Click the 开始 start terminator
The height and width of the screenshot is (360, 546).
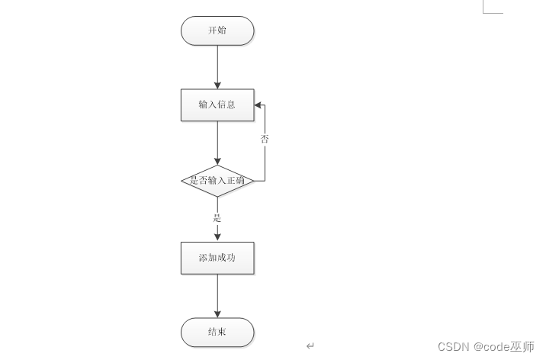(217, 31)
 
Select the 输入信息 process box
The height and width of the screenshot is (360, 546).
(217, 105)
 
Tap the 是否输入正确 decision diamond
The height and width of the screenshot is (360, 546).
(217, 181)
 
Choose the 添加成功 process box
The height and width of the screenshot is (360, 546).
(217, 258)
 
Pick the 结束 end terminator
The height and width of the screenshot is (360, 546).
(217, 333)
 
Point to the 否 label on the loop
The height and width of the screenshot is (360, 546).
(265, 139)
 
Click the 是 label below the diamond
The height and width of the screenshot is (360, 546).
(217, 218)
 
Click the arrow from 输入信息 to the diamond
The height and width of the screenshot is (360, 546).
(217, 143)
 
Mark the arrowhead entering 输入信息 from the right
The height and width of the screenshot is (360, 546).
(259, 105)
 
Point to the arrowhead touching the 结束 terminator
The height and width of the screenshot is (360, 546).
(217, 313)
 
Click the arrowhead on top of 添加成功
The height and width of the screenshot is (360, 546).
(217, 238)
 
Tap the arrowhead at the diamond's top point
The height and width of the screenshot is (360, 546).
(217, 161)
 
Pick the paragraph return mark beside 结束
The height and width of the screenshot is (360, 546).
(310, 346)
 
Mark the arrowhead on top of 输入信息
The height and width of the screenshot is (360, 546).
(217, 85)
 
